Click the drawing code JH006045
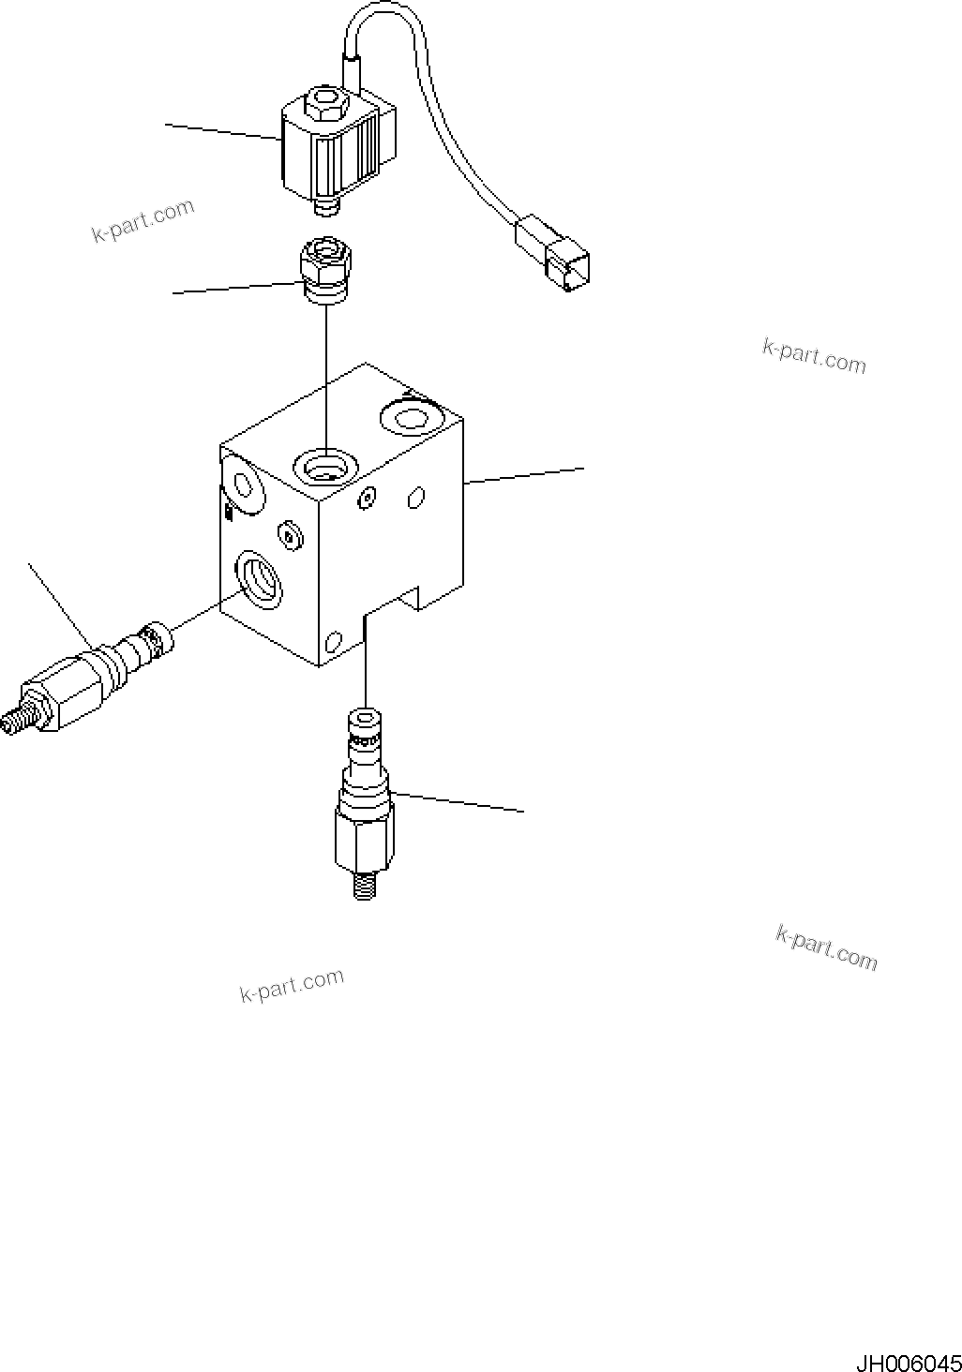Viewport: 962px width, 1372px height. pos(907,1360)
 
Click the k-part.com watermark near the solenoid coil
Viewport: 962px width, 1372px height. pos(143,221)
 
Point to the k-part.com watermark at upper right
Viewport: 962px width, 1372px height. pos(814,356)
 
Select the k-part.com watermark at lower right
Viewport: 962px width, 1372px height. pos(827,947)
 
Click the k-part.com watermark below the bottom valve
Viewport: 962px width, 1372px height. pos(292,985)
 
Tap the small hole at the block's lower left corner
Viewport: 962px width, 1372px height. pos(331,643)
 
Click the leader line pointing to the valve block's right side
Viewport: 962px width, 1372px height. pos(525,474)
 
